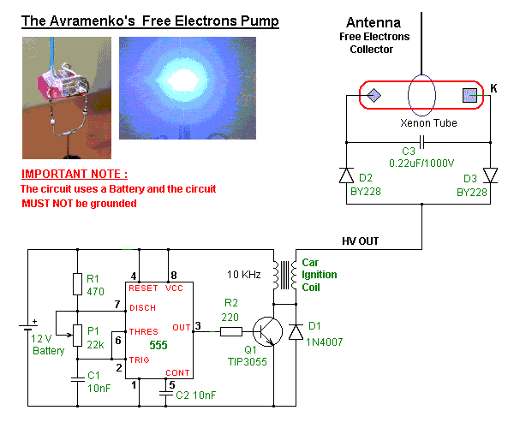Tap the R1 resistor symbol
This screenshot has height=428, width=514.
coord(77,284)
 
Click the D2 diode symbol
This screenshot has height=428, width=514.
coord(347,175)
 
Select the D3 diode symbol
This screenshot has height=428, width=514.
coord(491,175)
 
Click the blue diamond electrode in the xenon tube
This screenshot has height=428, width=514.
coord(374,96)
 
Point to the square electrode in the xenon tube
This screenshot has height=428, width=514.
coord(469,96)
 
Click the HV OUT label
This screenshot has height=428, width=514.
coord(359,241)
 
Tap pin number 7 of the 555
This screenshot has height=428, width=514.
coord(118,306)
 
